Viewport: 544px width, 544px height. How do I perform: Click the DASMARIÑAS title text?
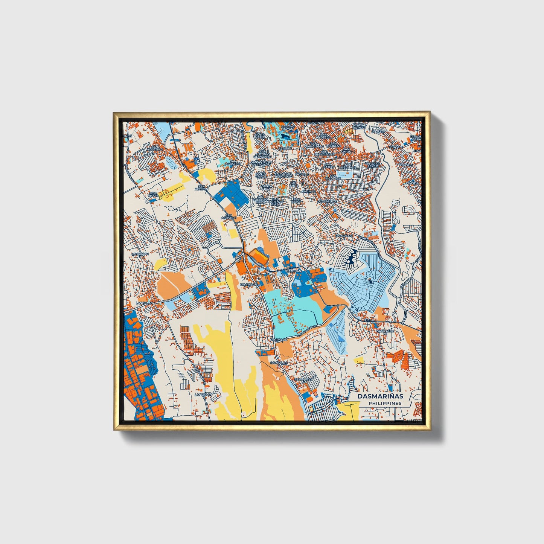tap(380, 396)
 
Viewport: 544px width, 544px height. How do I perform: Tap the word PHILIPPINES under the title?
tap(385, 403)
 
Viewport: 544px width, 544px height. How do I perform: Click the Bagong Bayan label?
tap(288, 126)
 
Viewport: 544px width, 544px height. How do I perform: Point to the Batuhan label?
tap(294, 271)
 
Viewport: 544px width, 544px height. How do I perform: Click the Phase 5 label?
tap(406, 165)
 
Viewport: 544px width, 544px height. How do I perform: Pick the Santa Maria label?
tap(259, 136)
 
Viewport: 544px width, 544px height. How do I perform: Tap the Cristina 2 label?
tap(315, 123)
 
